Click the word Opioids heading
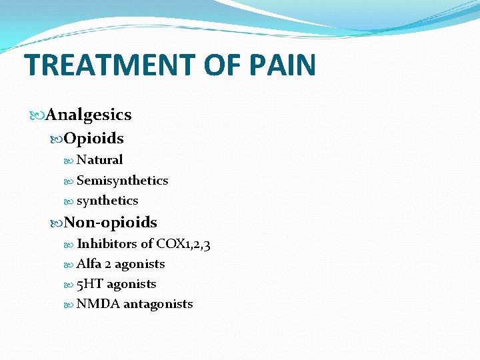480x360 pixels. pyautogui.click(x=94, y=139)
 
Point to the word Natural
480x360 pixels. pyautogui.click(x=100, y=160)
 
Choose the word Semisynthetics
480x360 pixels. pyautogui.click(x=123, y=181)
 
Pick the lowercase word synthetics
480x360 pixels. pyautogui.click(x=107, y=201)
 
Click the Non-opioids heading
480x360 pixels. pyautogui.click(x=111, y=222)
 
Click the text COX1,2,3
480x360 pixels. pyautogui.click(x=184, y=245)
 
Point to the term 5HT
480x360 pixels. pyautogui.click(x=90, y=284)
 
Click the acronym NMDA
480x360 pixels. pyautogui.click(x=98, y=304)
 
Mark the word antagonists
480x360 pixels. pyautogui.click(x=159, y=305)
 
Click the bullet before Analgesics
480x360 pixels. pyautogui.click(x=37, y=115)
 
